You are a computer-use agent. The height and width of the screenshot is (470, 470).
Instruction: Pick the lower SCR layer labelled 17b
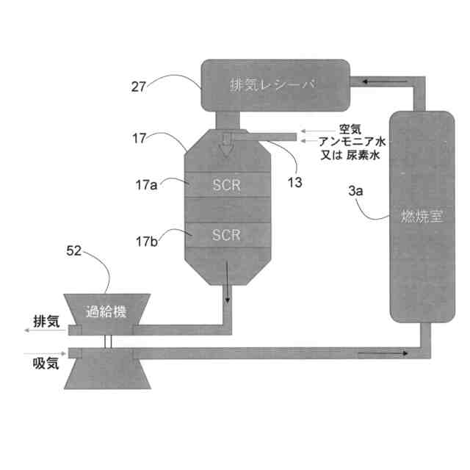(226, 235)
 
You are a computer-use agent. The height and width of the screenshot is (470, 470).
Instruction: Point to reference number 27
(140, 86)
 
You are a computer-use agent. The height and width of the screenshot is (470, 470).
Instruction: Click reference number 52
(75, 252)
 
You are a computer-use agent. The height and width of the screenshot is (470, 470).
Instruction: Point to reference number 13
(294, 183)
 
